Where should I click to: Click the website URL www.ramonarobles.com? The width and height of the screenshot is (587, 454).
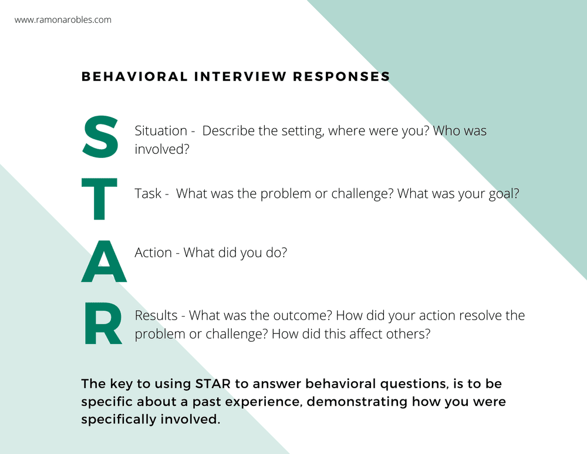[63, 20]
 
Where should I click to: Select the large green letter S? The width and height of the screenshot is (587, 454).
[101, 137]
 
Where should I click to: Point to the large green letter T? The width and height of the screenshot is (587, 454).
[102, 199]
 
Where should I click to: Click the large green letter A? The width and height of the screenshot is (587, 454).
[103, 261]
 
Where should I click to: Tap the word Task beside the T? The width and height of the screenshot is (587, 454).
[148, 193]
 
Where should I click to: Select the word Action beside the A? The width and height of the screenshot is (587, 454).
[153, 254]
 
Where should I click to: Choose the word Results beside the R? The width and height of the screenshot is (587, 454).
[156, 315]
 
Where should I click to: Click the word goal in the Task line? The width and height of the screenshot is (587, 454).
[502, 193]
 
